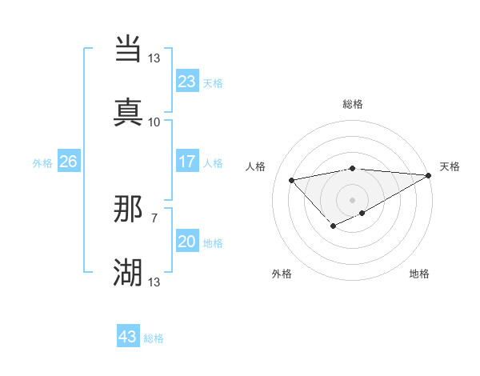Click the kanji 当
point(129,50)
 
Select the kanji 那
point(129,210)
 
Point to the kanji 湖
point(129,272)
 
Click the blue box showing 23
point(186,82)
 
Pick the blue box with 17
point(186,162)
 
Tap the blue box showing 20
point(186,242)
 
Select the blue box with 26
point(68,162)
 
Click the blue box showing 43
point(128,337)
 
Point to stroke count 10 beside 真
point(154,122)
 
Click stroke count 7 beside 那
point(154,217)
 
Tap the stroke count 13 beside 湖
point(154,282)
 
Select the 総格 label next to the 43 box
point(154,338)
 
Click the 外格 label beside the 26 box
point(42,163)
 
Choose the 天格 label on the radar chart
point(450,166)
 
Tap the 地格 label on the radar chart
point(419,274)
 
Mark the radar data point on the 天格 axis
point(430,175)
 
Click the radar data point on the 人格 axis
point(292,179)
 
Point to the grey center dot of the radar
point(352,199)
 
